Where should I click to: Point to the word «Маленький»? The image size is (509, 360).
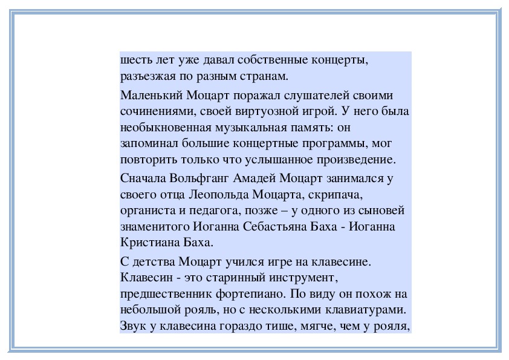tap(151, 96)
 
